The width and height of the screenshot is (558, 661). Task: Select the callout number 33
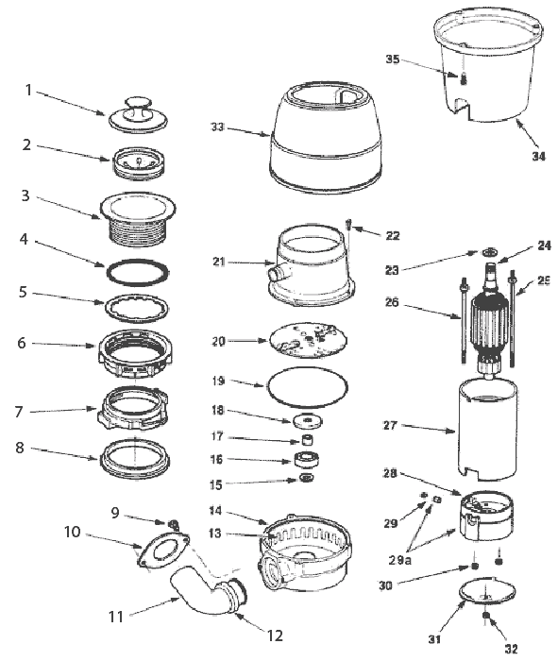coord(217,127)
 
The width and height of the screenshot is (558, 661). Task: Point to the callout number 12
coord(275,636)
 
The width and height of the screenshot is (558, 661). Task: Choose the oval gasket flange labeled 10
coord(163,548)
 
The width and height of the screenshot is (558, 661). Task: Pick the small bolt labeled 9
coord(174,524)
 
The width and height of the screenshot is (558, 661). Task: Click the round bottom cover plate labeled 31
coord(487,592)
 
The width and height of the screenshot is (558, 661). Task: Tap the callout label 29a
coord(400,560)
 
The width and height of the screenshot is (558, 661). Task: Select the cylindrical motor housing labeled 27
coord(487,430)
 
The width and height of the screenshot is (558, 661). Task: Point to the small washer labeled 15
coord(307,479)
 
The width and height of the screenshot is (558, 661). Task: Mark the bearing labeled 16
coord(306,460)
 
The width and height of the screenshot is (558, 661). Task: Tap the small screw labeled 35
coord(464,78)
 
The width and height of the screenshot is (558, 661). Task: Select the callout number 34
coord(538,157)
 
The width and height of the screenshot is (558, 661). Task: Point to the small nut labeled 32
coord(485,616)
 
